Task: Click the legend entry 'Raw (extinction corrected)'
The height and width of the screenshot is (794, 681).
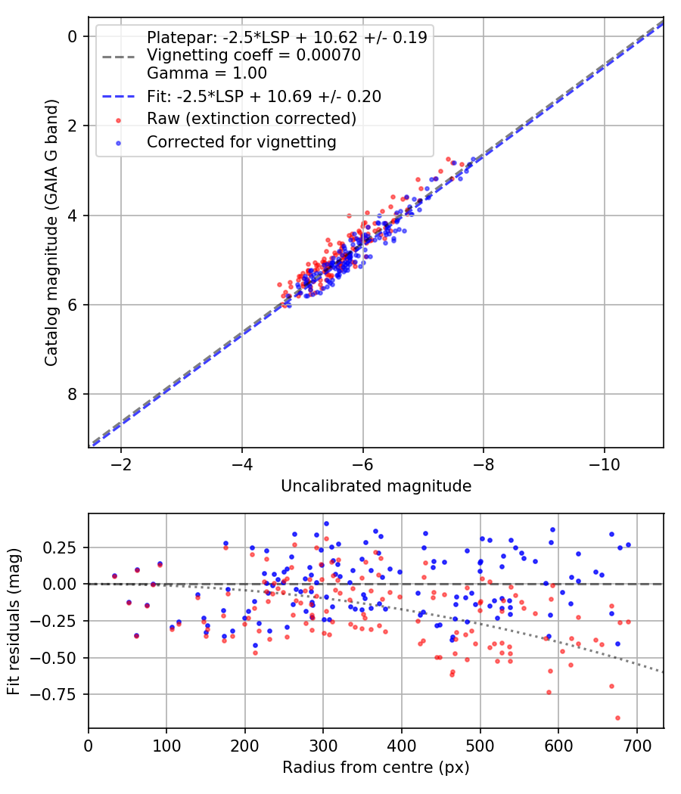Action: pos(251,119)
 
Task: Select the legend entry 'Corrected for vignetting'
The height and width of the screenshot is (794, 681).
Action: pos(241,141)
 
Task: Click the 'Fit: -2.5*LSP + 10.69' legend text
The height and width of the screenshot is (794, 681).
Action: pos(263,96)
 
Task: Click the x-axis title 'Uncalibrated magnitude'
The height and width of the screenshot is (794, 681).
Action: pos(376,485)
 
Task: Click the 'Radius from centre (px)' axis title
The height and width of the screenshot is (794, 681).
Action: pos(376,768)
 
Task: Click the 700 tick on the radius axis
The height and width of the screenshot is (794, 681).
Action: pos(636,745)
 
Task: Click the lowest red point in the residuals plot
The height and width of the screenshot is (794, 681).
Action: pos(617,718)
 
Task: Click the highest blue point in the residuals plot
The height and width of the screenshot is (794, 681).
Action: pos(326,523)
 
